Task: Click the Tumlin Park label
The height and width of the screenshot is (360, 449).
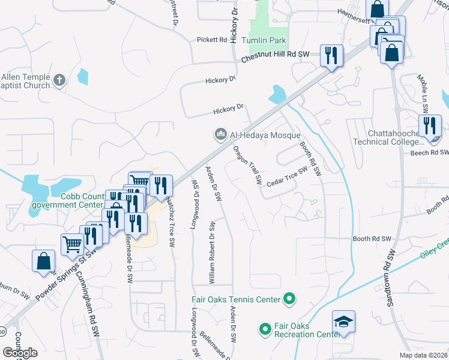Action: click(x=264, y=41)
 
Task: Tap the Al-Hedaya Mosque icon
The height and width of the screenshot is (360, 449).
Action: click(x=220, y=134)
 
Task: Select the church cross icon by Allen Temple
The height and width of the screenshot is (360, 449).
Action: click(x=59, y=80)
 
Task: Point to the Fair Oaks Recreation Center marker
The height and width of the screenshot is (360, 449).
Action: click(x=265, y=329)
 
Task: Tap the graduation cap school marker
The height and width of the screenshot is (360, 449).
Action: click(x=343, y=323)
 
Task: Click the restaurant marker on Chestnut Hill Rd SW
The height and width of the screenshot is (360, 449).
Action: click(x=331, y=56)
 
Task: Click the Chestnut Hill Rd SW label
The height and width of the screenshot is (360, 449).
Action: click(x=275, y=56)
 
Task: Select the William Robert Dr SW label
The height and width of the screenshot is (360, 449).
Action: click(x=211, y=252)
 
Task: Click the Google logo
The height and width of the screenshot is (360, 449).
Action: click(x=20, y=352)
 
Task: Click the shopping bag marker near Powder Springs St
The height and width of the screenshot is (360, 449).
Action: click(x=44, y=261)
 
